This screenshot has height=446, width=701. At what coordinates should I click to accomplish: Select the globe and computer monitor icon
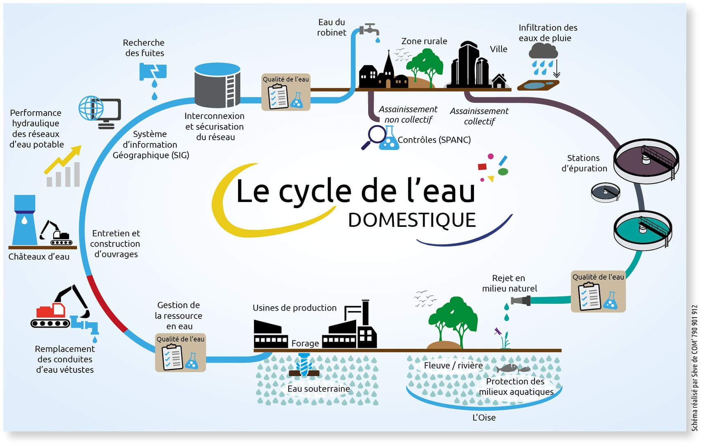point(100,112)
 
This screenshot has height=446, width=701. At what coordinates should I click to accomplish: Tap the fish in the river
point(509,368)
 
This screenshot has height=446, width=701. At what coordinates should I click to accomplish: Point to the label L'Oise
point(484,417)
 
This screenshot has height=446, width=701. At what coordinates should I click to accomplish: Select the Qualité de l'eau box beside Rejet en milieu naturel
point(598,291)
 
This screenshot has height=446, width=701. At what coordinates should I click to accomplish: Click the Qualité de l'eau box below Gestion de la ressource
point(180,352)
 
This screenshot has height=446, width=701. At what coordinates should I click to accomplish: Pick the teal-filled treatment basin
point(643,229)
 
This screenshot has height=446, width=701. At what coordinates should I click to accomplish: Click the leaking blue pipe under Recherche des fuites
point(153,72)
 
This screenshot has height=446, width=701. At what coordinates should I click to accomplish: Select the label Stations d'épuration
point(584,163)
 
